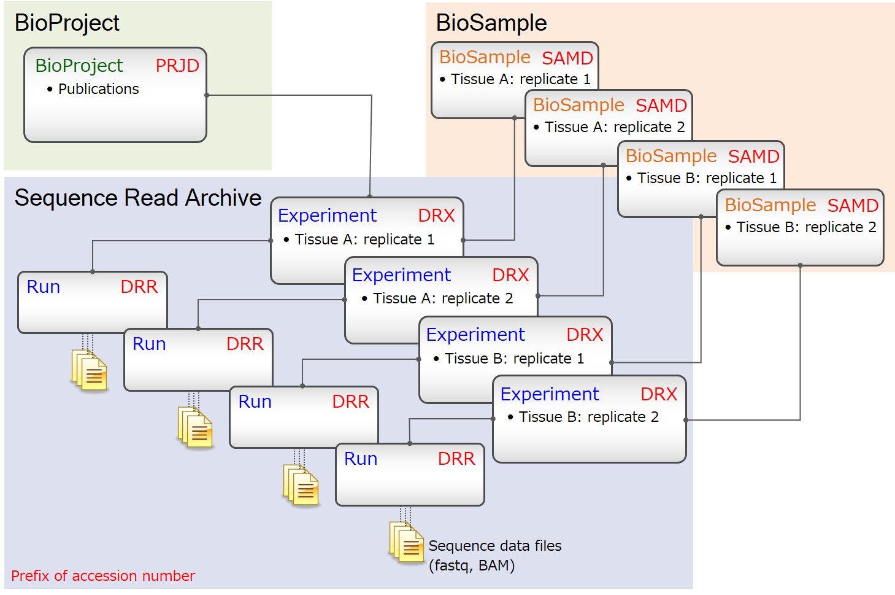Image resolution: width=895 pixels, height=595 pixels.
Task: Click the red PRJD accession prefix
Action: point(177,66)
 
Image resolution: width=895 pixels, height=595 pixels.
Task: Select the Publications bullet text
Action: point(98,89)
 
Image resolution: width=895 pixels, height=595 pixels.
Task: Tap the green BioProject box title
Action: point(79,66)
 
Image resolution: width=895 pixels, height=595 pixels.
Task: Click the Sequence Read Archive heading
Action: point(138,198)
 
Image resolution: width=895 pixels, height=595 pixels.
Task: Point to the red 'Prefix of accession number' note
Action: point(103,576)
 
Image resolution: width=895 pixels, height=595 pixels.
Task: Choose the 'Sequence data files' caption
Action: point(495,546)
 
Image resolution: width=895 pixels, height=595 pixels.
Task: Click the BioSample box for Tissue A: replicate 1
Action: point(478,80)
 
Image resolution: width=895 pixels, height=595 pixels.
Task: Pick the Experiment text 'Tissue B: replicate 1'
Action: point(514,359)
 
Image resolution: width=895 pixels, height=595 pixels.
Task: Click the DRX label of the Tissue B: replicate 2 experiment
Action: point(659,394)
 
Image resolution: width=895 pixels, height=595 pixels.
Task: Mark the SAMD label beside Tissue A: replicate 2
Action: point(661,106)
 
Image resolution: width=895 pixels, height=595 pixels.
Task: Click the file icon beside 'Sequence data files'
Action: point(407,542)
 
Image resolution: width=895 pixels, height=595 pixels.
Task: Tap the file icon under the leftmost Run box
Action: point(90,370)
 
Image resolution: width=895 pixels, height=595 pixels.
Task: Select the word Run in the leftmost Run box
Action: point(44,287)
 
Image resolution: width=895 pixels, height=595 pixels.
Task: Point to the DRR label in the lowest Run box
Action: point(456,459)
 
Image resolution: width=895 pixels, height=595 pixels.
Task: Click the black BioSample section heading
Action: point(491,23)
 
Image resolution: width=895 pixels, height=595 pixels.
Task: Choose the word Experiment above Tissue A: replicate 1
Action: point(327,216)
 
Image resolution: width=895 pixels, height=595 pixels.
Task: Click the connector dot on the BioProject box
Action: point(207,95)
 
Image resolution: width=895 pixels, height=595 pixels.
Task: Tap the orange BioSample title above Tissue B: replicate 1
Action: point(671,156)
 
